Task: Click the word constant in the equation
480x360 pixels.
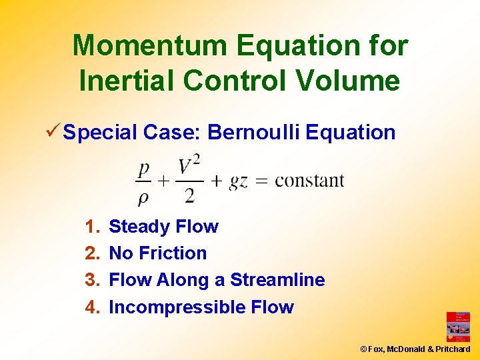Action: (x=309, y=181)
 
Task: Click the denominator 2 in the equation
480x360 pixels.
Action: (x=189, y=195)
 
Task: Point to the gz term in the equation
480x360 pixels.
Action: (x=238, y=181)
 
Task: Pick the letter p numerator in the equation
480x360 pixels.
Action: (x=143, y=168)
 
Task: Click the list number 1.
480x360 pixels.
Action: (x=91, y=227)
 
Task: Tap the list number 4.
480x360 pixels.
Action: (x=91, y=307)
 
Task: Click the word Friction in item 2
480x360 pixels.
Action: (x=176, y=253)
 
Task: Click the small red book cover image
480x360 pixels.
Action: (x=458, y=327)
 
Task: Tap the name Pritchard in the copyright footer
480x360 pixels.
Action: (x=454, y=349)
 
